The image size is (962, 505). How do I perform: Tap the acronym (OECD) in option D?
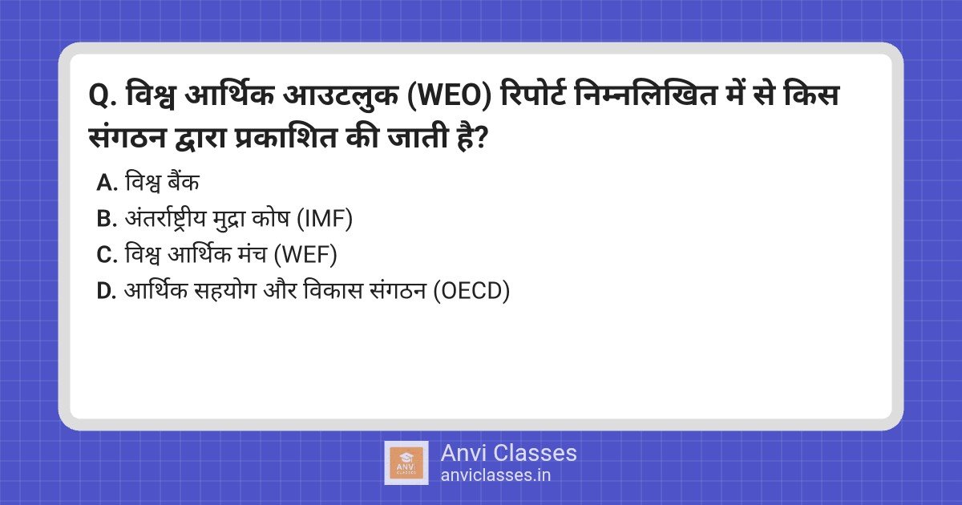[x=471, y=292]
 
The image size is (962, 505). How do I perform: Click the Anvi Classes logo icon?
[x=406, y=463]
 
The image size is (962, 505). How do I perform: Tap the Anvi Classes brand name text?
[x=508, y=453]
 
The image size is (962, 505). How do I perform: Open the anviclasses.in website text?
[x=495, y=475]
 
